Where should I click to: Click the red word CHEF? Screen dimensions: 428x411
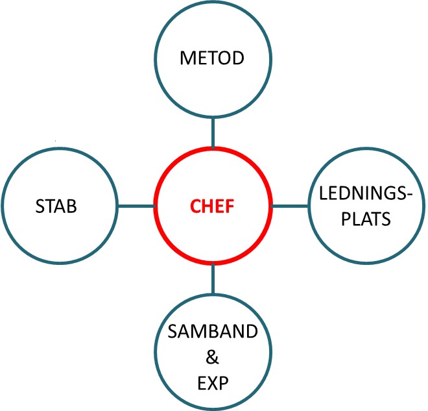pyautogui.click(x=212, y=206)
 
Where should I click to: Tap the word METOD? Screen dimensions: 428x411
pyautogui.click(x=212, y=58)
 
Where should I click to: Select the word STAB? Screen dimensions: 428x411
pyautogui.click(x=56, y=206)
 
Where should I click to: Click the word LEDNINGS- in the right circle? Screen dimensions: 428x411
pyautogui.click(x=366, y=193)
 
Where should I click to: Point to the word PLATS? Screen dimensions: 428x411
pyautogui.click(x=366, y=219)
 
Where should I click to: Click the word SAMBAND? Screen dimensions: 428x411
pyautogui.click(x=213, y=331)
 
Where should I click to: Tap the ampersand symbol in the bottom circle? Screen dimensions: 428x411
pyautogui.click(x=212, y=357)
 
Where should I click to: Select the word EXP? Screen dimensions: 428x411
pyautogui.click(x=213, y=383)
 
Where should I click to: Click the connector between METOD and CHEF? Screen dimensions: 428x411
pyautogui.click(x=213, y=133)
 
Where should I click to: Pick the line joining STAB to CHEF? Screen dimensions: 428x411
pyautogui.click(x=136, y=206)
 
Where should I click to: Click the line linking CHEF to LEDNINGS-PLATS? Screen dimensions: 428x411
pyautogui.click(x=290, y=206)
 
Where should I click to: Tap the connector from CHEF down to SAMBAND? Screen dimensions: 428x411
pyautogui.click(x=213, y=279)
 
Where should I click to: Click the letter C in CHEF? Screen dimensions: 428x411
pyautogui.click(x=196, y=206)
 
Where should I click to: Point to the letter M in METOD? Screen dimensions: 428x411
pyautogui.click(x=187, y=58)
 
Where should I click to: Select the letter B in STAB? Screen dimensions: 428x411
pyautogui.click(x=72, y=206)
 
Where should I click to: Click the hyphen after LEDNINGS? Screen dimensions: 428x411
pyautogui.click(x=409, y=195)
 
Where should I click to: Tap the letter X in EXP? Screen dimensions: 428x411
pyautogui.click(x=213, y=383)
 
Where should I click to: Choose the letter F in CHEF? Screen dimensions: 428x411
pyautogui.click(x=230, y=206)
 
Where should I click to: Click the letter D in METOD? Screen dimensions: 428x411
pyautogui.click(x=238, y=58)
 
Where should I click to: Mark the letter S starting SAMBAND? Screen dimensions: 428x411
pyautogui.click(x=172, y=331)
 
